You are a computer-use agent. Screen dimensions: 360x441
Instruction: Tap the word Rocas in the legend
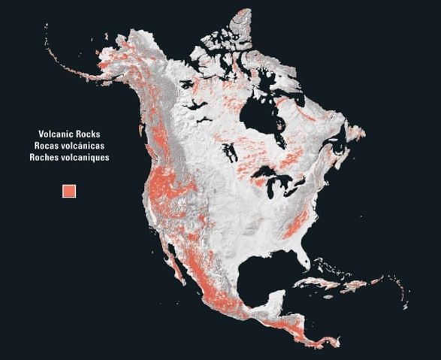[x=47, y=146]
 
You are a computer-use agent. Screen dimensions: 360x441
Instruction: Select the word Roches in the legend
[x=49, y=158]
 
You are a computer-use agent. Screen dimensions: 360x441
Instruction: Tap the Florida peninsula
[x=303, y=259]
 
